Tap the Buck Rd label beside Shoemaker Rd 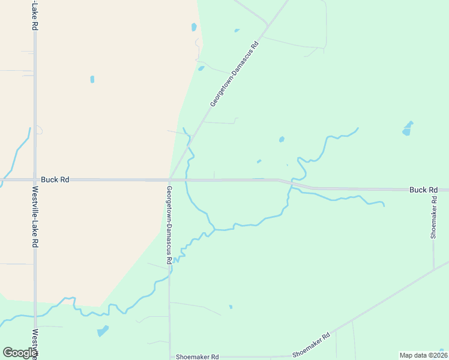coord(423,190)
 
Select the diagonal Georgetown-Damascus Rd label coord(235,74)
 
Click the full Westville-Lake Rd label coord(35,217)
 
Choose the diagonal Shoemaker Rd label coord(312,345)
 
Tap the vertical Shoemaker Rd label coord(433,217)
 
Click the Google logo coord(20,353)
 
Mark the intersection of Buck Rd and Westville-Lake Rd coord(35,179)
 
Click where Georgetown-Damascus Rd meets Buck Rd coord(170,179)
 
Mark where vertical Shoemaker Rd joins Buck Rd coord(433,190)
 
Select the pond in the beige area coord(92,79)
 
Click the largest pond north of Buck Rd coord(408,128)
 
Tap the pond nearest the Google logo coord(103,331)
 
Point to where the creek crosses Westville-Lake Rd coord(35,316)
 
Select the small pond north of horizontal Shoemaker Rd coord(231,307)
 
